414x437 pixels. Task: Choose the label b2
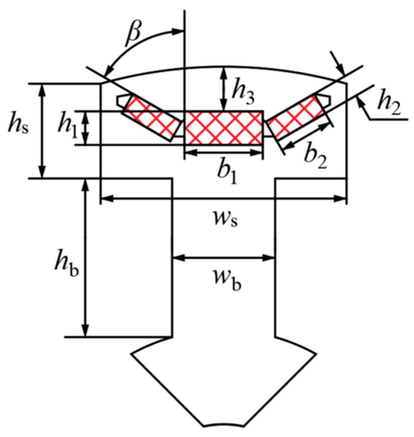click(x=315, y=157)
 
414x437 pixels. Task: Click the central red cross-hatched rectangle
click(x=223, y=128)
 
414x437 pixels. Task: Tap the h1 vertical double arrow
click(x=85, y=128)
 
